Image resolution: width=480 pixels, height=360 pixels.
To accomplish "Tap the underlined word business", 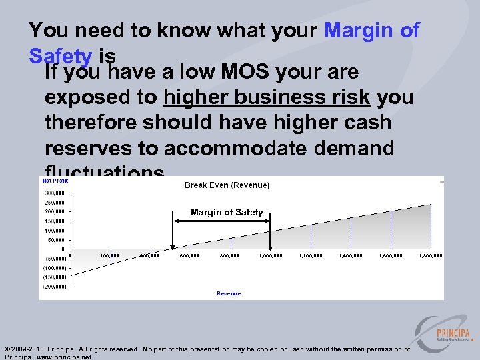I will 285,97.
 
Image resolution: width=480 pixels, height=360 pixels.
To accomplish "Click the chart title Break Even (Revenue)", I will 227,185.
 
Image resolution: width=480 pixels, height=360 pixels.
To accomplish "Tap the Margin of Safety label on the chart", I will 227,212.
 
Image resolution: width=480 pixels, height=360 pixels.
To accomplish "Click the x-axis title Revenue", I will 229,293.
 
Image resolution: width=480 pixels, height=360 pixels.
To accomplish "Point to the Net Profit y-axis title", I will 55,181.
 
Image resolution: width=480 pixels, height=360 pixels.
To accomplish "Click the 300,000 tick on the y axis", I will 55,192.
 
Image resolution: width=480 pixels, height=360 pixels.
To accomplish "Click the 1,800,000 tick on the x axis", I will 430,255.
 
